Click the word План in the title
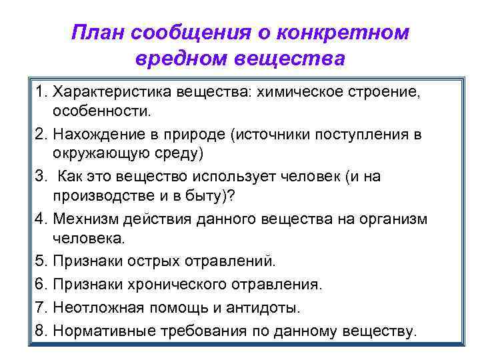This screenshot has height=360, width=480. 99,33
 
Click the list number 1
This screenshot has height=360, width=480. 39,90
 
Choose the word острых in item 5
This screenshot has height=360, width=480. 153,261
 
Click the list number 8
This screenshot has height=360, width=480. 39,331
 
